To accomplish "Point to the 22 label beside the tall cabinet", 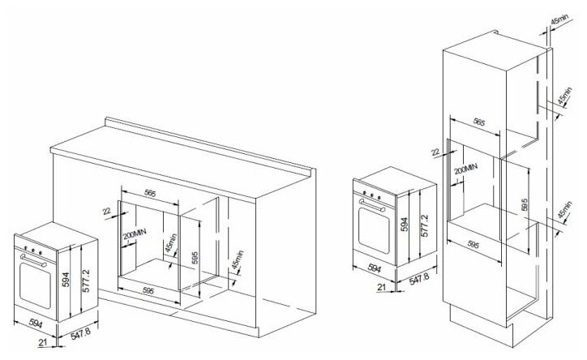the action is click(435, 150).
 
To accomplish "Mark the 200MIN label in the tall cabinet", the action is click(459, 172).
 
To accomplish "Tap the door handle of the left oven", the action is click(32, 257).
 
